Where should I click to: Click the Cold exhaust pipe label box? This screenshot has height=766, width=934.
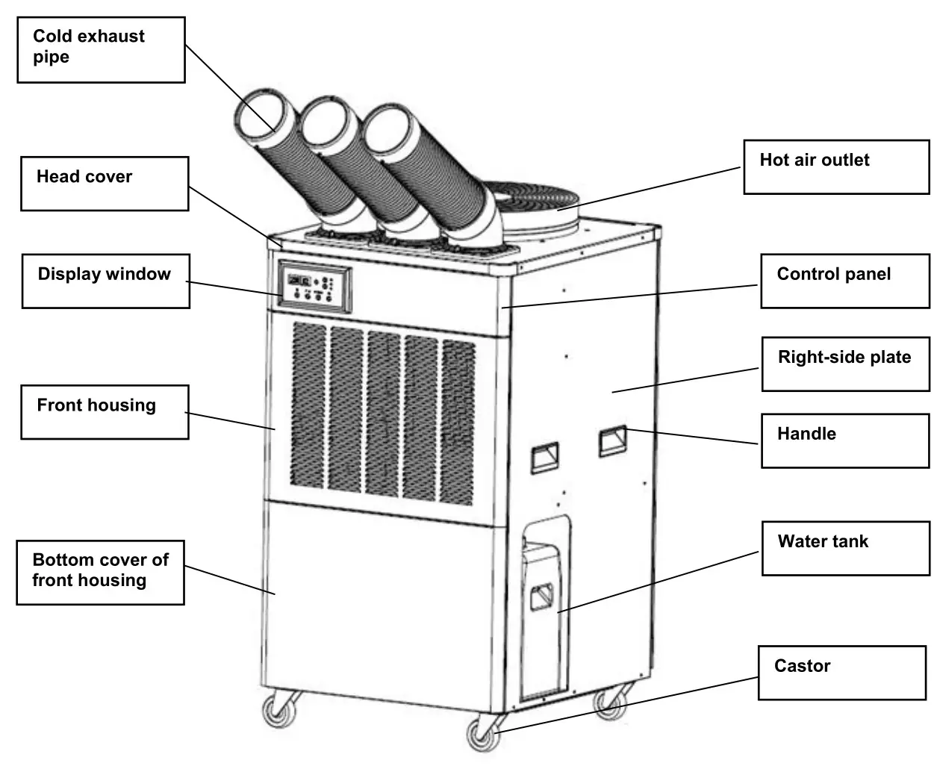point(101,49)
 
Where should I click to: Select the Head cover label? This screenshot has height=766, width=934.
point(105,183)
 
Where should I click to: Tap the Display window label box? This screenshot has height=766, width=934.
point(105,281)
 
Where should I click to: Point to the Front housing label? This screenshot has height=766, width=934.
point(104,411)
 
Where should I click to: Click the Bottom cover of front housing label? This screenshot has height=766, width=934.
point(100,572)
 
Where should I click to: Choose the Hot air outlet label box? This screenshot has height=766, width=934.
point(836,166)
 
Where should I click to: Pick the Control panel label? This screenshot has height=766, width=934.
point(844,281)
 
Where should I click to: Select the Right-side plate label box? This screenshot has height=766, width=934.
point(845,364)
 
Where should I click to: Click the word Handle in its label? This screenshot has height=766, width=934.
point(806,434)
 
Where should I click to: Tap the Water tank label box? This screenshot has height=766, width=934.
point(845,548)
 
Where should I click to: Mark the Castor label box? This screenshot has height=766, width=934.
point(841,672)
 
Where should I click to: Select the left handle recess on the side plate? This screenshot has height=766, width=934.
point(544,457)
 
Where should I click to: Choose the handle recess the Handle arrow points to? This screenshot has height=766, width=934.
point(612,440)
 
